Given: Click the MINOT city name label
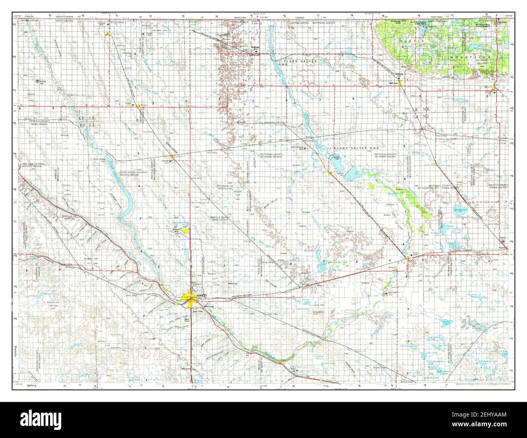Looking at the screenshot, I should click(x=201, y=296).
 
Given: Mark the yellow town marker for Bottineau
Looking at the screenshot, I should click(x=400, y=83).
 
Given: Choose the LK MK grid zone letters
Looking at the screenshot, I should click(x=420, y=110).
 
